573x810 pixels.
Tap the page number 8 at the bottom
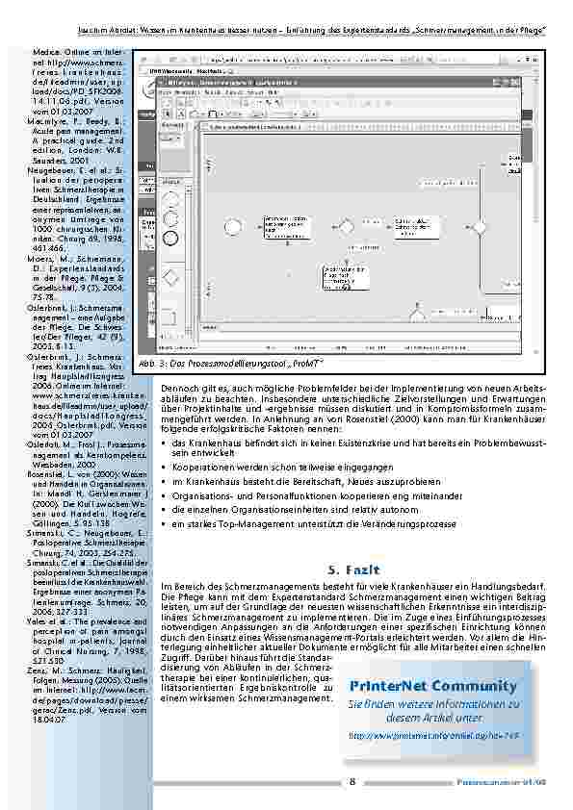click(x=352, y=780)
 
